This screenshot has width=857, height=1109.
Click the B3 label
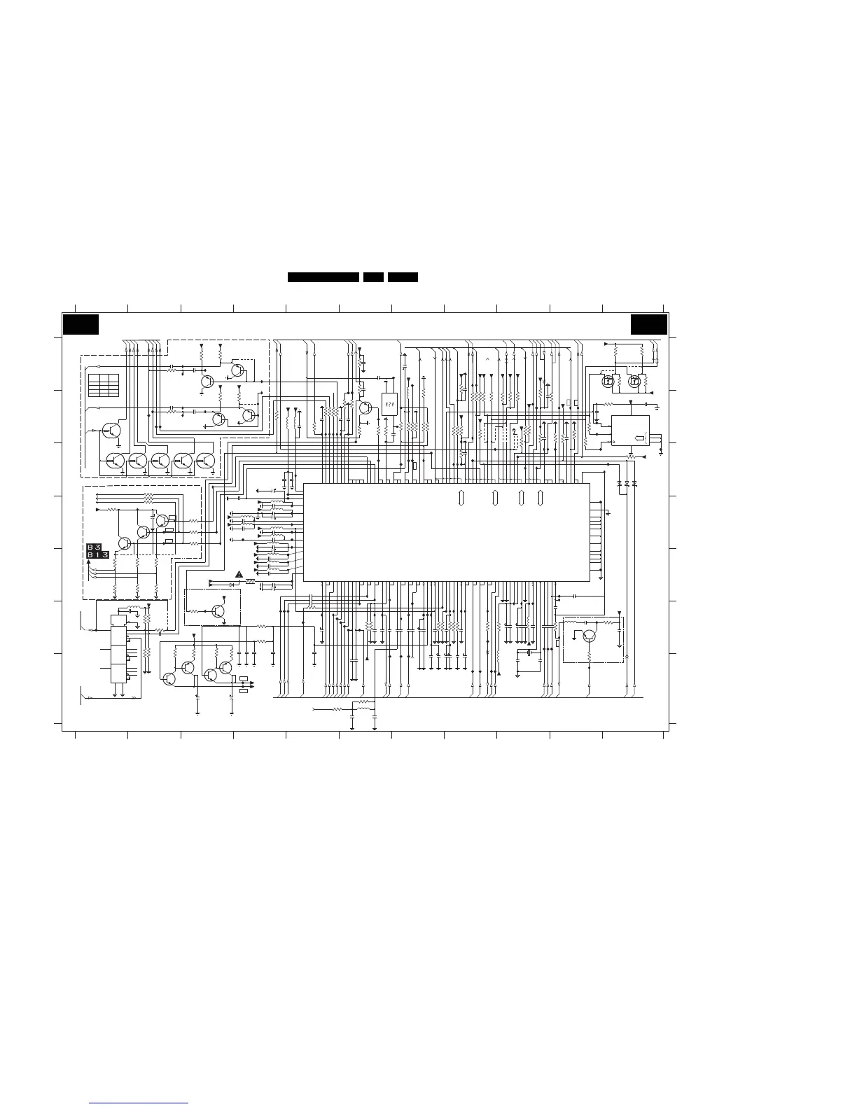(x=95, y=547)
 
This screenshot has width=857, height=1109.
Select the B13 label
(x=97, y=555)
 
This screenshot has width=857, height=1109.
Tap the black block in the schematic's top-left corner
(x=81, y=325)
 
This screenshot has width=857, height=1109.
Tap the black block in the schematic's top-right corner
(x=649, y=325)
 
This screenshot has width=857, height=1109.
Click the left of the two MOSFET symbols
(x=609, y=382)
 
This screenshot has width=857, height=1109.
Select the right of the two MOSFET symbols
(x=635, y=382)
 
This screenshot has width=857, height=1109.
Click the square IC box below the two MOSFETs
(x=630, y=431)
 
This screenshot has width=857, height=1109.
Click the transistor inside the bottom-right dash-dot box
(x=590, y=636)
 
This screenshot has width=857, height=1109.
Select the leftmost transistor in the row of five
(x=116, y=461)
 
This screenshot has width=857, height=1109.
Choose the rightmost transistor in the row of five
(x=205, y=461)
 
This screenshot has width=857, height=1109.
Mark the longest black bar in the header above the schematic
(x=323, y=277)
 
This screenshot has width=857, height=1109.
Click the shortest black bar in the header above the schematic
(x=373, y=277)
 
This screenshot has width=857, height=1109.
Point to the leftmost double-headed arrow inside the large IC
(x=461, y=498)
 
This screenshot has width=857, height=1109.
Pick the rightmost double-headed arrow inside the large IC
(x=541, y=498)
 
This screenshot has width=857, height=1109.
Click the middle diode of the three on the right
(x=627, y=484)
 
